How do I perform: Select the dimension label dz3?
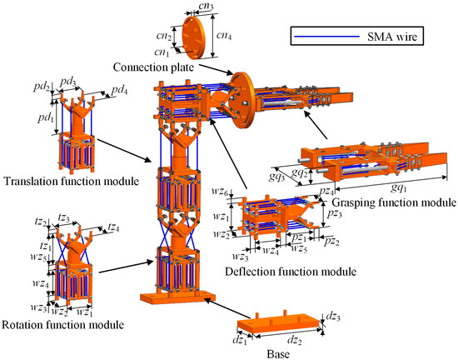click(334, 317)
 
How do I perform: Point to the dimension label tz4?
click(113, 227)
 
